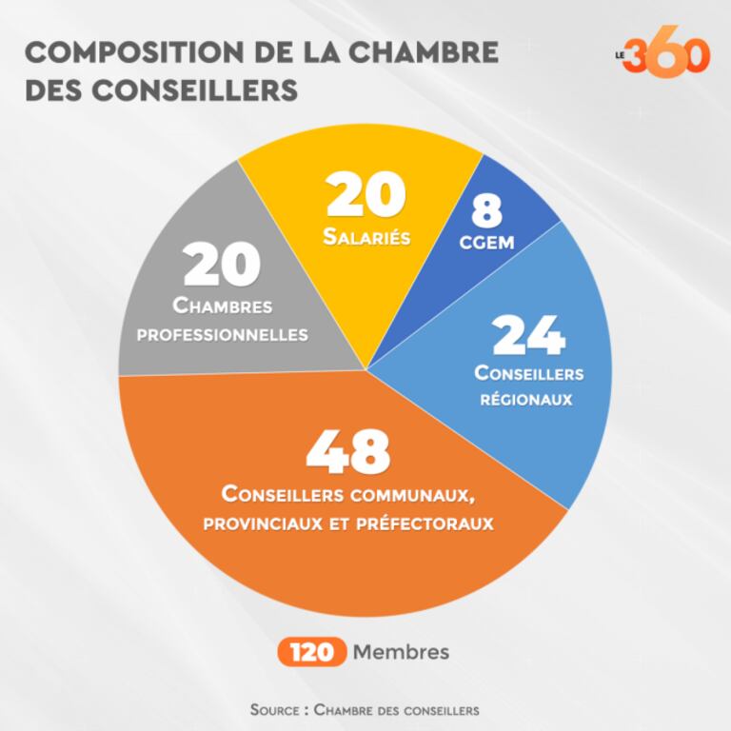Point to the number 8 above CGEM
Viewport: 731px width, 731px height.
486,208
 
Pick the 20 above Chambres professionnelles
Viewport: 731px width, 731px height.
223,266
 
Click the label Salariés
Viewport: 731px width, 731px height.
366,237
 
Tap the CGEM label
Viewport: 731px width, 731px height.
486,242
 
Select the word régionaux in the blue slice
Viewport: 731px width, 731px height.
529,400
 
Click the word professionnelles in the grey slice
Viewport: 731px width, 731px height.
223,335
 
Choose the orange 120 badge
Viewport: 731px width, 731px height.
310,653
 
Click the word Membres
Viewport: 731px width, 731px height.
400,653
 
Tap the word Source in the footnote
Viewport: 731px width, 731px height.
276,710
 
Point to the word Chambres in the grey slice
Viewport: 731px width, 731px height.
223,306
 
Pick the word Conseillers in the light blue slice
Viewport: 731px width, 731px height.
529,372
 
